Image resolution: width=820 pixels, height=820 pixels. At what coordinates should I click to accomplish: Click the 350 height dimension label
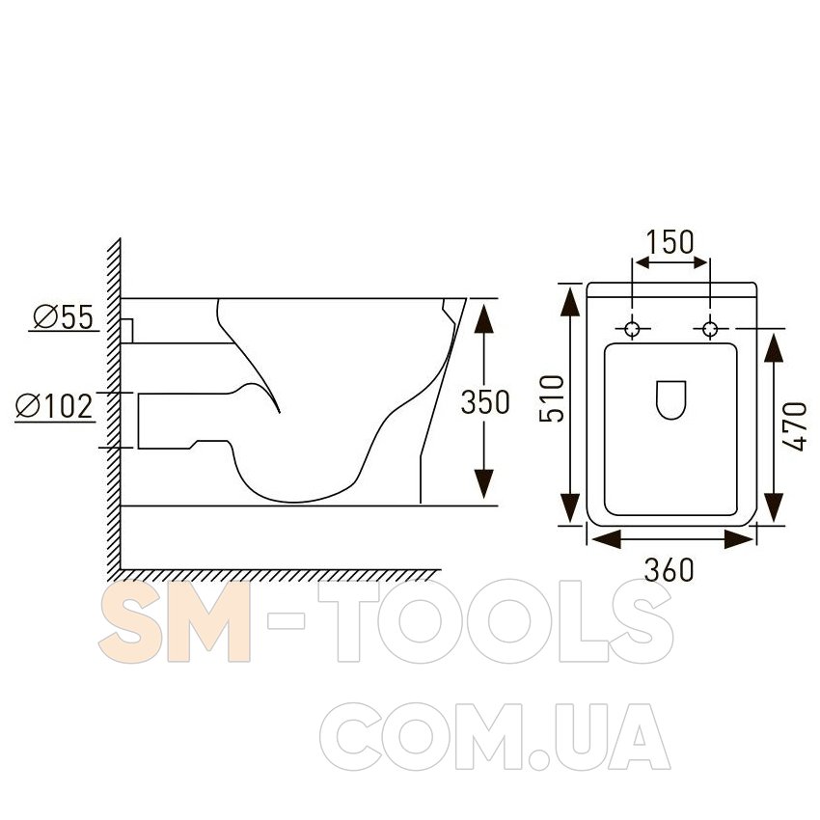pyautogui.click(x=485, y=402)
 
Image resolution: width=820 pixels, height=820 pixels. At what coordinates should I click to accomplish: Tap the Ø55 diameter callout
pyautogui.click(x=64, y=317)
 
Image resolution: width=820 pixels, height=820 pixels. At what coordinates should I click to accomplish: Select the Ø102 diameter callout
pyautogui.click(x=54, y=406)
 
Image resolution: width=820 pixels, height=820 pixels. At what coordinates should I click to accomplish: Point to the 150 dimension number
pyautogui.click(x=670, y=241)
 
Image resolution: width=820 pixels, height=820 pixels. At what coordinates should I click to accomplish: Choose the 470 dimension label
pyautogui.click(x=796, y=426)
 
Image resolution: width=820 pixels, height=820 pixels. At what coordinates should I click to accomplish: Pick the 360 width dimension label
pyautogui.click(x=669, y=569)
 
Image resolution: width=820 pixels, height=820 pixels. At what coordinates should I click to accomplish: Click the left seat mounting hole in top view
pyautogui.click(x=632, y=329)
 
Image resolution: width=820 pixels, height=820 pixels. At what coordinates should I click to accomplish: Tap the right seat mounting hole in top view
pyautogui.click(x=710, y=329)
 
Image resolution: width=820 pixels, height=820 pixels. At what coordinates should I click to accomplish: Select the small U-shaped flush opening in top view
pyautogui.click(x=671, y=400)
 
